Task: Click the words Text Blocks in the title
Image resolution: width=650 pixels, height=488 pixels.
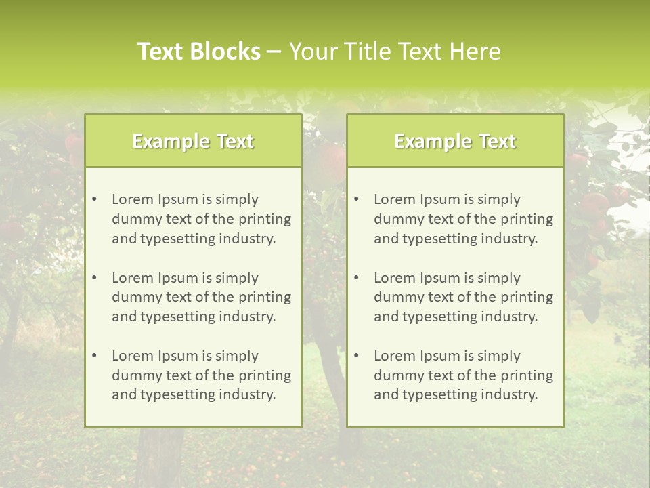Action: tap(199, 52)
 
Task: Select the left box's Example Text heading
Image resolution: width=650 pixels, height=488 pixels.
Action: tap(193, 141)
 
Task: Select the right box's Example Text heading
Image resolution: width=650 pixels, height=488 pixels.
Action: tap(455, 141)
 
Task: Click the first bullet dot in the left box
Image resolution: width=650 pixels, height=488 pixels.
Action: tap(94, 199)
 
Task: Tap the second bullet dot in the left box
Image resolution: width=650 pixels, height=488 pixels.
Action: tap(94, 278)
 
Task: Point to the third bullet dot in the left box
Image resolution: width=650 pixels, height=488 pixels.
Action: tap(94, 356)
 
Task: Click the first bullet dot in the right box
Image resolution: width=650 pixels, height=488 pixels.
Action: tap(356, 199)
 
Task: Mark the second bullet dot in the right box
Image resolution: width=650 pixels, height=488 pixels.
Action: tap(356, 278)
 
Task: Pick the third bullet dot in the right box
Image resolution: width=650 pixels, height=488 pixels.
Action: tap(356, 356)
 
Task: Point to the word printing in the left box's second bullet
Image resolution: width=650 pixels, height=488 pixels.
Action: tap(265, 298)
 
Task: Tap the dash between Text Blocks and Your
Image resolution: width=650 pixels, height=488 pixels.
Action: tap(274, 52)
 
